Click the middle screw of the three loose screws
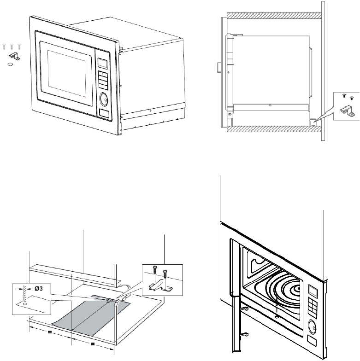click(12, 47)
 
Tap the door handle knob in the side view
click(218, 68)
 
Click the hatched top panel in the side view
click(272, 16)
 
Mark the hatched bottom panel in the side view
click(272, 131)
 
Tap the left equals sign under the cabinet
click(49, 332)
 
